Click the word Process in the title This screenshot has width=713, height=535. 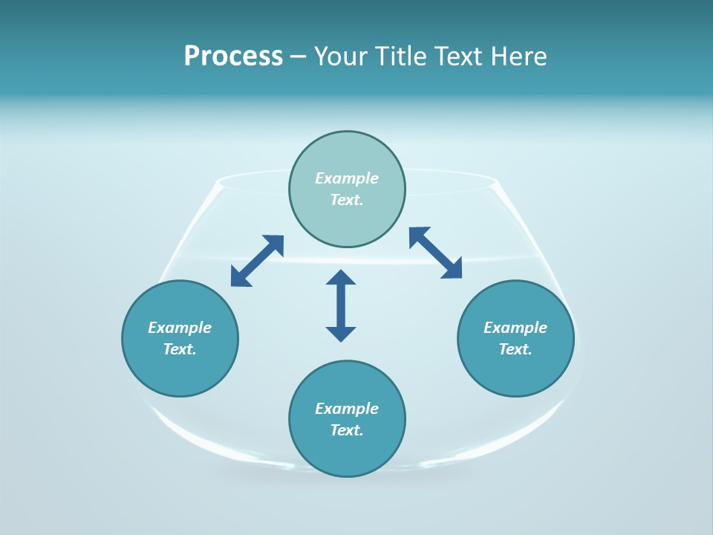click(233, 56)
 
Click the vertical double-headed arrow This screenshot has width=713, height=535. click(341, 305)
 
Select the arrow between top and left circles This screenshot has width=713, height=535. click(257, 261)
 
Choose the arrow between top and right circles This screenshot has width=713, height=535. click(435, 253)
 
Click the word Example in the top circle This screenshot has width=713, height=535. click(347, 178)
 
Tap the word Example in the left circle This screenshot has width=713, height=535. click(180, 328)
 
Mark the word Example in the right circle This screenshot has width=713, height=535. click(515, 328)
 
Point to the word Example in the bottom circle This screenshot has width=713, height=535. click(347, 409)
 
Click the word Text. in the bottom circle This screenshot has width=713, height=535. click(347, 430)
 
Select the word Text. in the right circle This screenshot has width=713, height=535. click(515, 349)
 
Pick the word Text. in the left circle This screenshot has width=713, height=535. click(180, 349)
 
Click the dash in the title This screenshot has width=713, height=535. click(299, 56)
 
